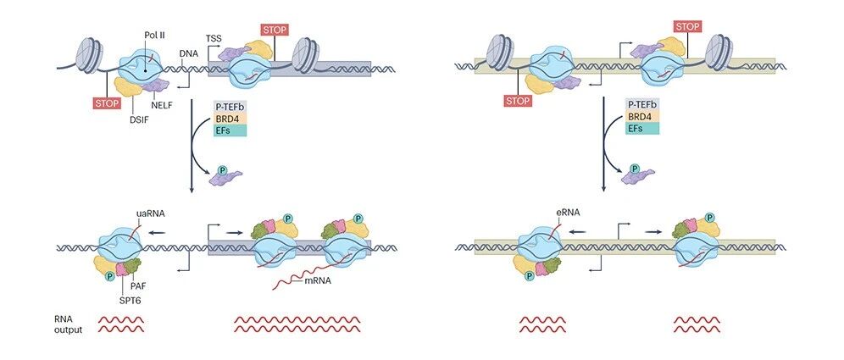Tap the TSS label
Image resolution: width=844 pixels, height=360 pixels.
coord(214,38)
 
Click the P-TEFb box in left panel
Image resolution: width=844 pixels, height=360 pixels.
coord(230,105)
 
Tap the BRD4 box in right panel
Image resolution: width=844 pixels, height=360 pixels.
coord(641,116)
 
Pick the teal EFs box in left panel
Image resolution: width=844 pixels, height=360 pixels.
coord(230,130)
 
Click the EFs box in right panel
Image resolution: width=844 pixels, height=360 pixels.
coord(641,128)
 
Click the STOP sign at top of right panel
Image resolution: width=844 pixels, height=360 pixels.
coord(686,27)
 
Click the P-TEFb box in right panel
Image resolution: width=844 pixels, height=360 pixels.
coord(641,104)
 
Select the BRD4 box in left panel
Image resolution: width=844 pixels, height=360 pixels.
coord(230,118)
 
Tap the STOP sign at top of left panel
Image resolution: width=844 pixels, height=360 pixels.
coord(275,30)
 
